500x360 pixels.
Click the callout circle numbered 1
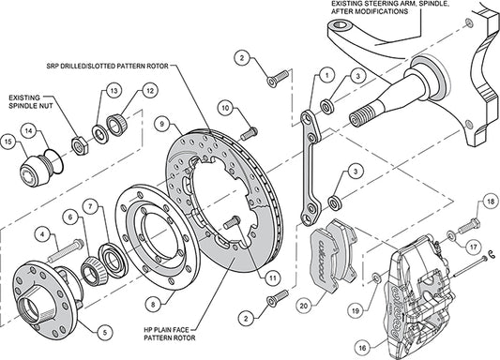(326, 73)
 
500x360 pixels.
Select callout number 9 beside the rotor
(162, 123)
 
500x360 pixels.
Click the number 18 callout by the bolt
(490, 201)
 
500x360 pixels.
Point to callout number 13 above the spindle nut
(113, 90)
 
